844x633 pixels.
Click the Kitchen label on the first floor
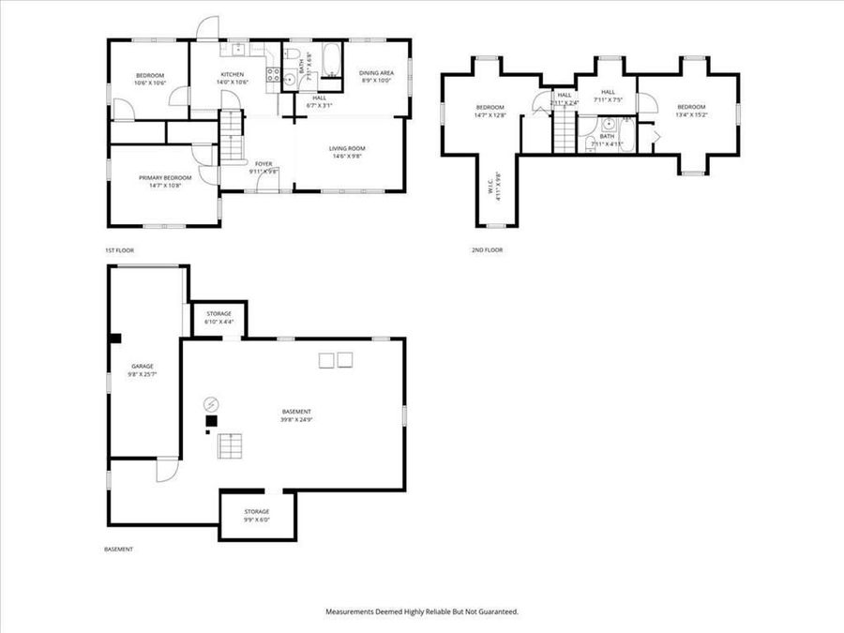(233, 75)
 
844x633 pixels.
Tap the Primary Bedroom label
(165, 178)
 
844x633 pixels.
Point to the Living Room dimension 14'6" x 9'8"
(347, 157)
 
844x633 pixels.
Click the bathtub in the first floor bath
(332, 59)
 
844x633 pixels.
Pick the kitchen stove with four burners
(275, 75)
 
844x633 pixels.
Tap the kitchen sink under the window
(238, 48)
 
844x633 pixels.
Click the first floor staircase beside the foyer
(232, 135)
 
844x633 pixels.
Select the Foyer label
(264, 164)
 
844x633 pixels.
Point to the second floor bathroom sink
(609, 123)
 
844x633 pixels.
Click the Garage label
(143, 366)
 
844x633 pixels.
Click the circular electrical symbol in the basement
(211, 404)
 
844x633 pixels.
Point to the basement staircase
(231, 446)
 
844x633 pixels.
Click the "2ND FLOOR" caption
(487, 250)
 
